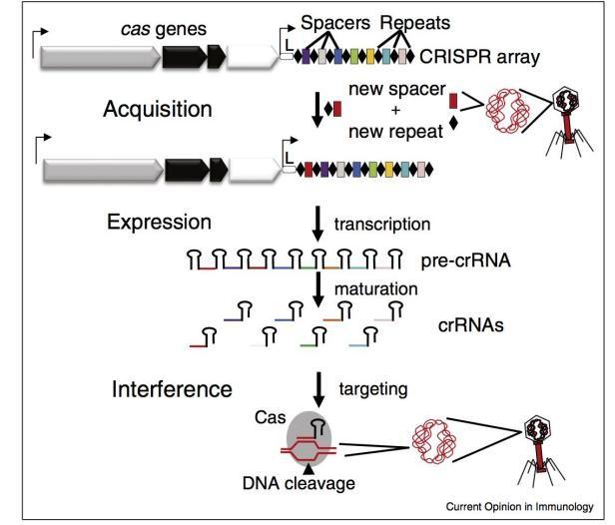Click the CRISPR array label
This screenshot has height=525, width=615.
[x=486, y=58]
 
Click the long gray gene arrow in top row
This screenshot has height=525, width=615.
[x=100, y=58]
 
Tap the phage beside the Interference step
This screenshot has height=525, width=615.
[x=538, y=437]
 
